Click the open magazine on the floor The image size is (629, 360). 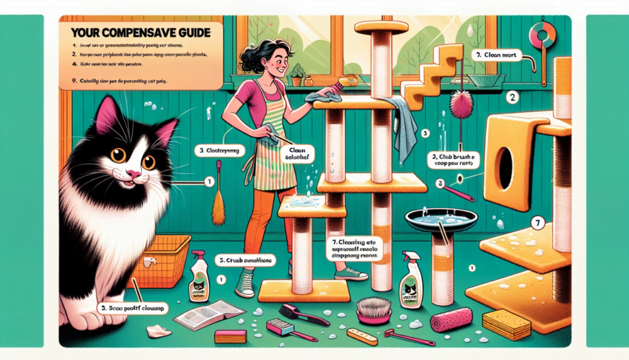(x=208, y=313)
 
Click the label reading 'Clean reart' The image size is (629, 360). (x=496, y=55)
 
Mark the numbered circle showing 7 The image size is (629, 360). (x=536, y=222)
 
